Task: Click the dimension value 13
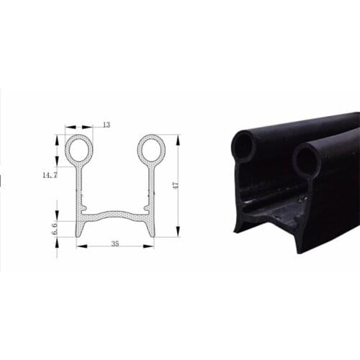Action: pos(107,125)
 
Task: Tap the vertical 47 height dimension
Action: pos(175,185)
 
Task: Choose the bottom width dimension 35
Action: pos(115,244)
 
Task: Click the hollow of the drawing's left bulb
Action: pos(79,149)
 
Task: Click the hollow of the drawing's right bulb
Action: pos(152,149)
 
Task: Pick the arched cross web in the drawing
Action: pos(115,214)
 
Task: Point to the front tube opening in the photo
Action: pos(306,161)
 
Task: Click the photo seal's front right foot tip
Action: pos(297,249)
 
